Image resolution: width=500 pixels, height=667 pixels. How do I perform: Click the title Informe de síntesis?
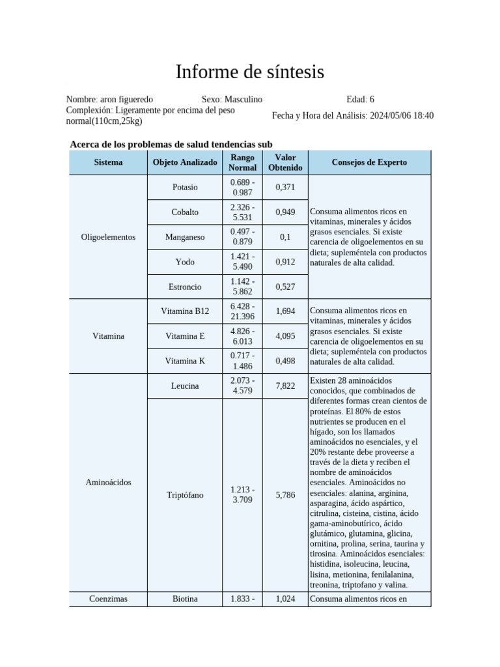tap(249, 72)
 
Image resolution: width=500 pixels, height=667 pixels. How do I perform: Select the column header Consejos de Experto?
tap(369, 162)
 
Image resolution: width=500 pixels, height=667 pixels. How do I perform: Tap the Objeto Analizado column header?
tap(185, 162)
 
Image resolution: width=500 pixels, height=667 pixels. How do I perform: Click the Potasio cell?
tap(185, 188)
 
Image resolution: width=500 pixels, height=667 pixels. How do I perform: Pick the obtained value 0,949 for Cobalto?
tap(285, 212)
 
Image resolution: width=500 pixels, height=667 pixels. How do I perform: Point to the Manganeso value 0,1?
tap(285, 237)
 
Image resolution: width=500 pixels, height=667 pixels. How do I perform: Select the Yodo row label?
tap(185, 262)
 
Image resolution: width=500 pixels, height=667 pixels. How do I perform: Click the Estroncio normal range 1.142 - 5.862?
tap(242, 287)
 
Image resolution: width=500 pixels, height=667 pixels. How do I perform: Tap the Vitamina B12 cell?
tap(185, 311)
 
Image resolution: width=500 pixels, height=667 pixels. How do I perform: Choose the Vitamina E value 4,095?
tap(285, 336)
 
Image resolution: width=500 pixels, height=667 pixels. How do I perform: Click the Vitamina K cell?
tap(185, 361)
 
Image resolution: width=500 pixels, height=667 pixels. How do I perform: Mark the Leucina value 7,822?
tap(285, 386)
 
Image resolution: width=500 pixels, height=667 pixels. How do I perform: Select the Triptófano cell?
tap(185, 495)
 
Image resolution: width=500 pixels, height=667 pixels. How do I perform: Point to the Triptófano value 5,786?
tap(285, 495)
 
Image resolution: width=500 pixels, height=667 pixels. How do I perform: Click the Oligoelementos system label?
tap(108, 237)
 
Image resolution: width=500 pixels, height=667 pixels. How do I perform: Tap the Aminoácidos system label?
tap(108, 483)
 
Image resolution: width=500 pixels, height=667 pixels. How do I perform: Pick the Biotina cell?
tap(185, 599)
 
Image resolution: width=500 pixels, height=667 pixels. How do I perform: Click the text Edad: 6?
tap(360, 100)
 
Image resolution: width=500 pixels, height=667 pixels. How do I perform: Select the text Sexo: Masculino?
tap(232, 100)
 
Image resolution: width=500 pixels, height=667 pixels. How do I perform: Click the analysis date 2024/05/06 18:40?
tap(402, 116)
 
